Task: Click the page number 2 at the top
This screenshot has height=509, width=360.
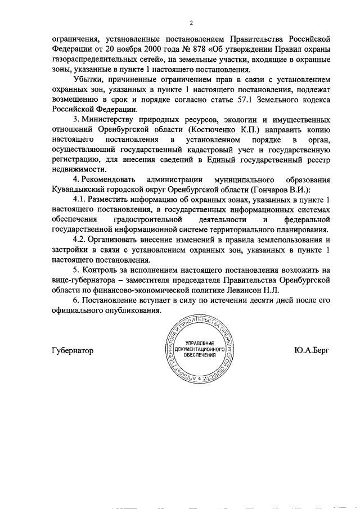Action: [x=191, y=23]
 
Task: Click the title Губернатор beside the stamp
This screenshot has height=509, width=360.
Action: [x=72, y=350]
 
